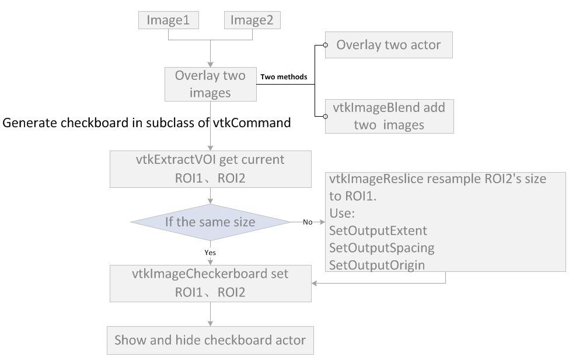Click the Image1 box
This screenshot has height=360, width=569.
[x=168, y=20]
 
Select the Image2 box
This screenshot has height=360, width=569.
[x=252, y=20]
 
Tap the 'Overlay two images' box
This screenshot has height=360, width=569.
[x=210, y=84]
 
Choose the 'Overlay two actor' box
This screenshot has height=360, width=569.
[x=388, y=45]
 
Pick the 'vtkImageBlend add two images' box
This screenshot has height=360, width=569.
[x=388, y=117]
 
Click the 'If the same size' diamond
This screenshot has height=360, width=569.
[x=210, y=222]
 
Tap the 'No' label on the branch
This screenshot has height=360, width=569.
[x=307, y=222]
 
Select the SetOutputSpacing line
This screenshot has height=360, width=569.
[x=382, y=247]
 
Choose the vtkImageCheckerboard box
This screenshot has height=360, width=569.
[x=210, y=283]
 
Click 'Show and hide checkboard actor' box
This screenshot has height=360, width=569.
[x=210, y=340]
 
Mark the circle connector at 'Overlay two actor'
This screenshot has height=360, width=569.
[x=324, y=45]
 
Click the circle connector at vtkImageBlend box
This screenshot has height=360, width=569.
[x=324, y=117]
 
